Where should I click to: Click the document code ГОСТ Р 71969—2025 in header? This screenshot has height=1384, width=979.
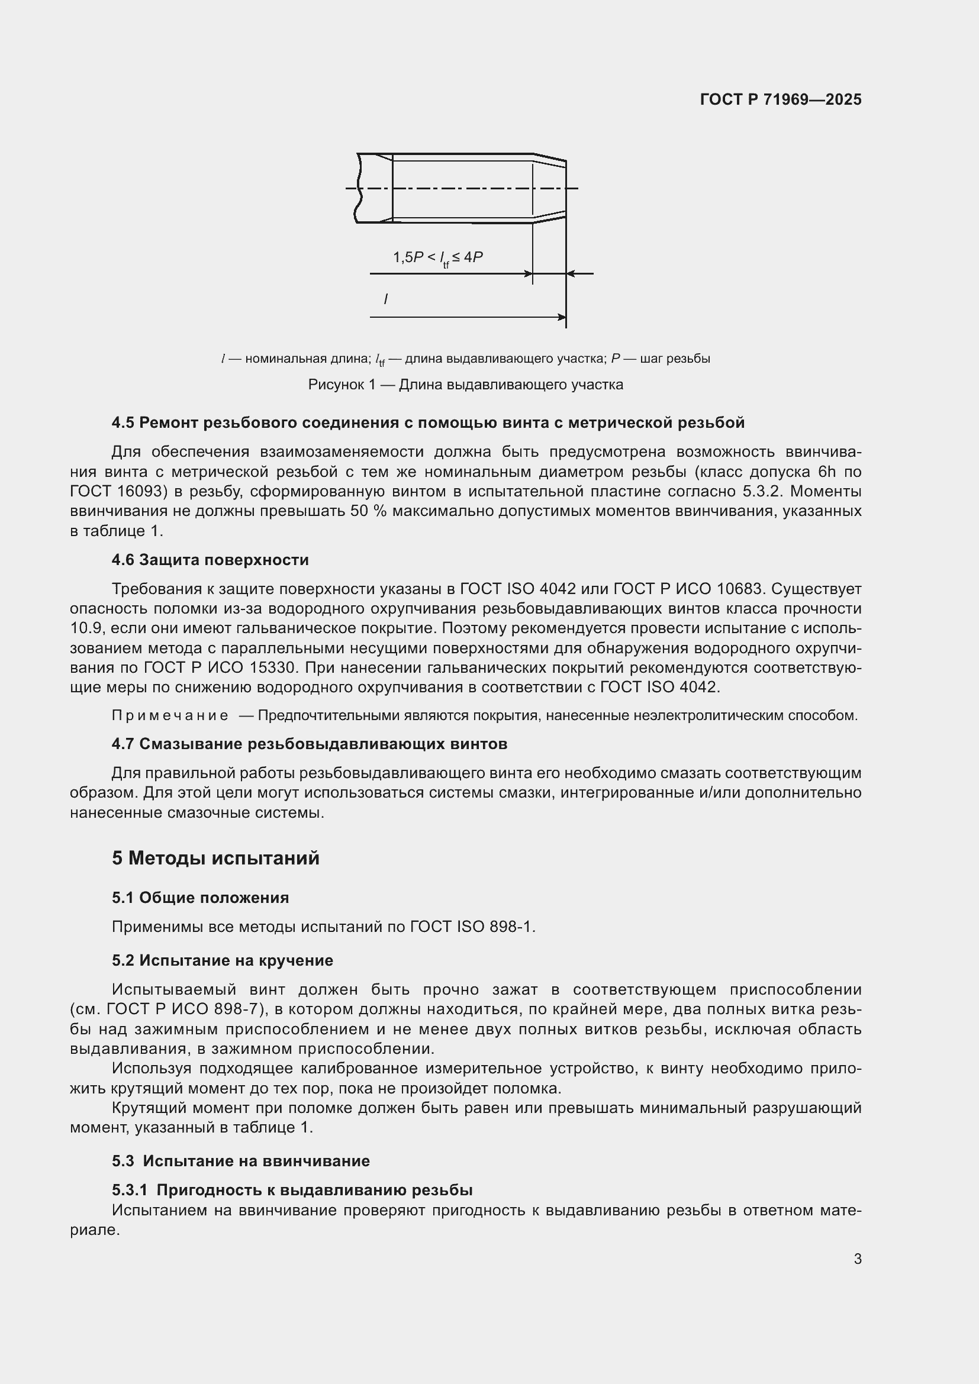tap(780, 99)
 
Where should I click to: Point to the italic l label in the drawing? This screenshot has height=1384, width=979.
tap(385, 299)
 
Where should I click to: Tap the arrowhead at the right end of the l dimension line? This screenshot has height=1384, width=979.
tap(562, 317)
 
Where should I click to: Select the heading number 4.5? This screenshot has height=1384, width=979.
tap(123, 422)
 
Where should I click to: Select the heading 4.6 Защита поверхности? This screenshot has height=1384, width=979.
tap(210, 560)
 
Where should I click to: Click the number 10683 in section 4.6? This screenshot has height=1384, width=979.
tap(742, 588)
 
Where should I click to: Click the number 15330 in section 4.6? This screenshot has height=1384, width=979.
tap(273, 668)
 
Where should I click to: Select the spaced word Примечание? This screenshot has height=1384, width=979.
tap(170, 715)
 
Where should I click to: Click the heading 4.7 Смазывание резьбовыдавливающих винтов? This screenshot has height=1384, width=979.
tap(309, 744)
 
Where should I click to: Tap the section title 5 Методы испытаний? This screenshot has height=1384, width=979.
tap(215, 858)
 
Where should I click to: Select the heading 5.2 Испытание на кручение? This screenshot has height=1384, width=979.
tap(222, 960)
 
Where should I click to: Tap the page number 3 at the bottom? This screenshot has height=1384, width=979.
tap(857, 1259)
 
